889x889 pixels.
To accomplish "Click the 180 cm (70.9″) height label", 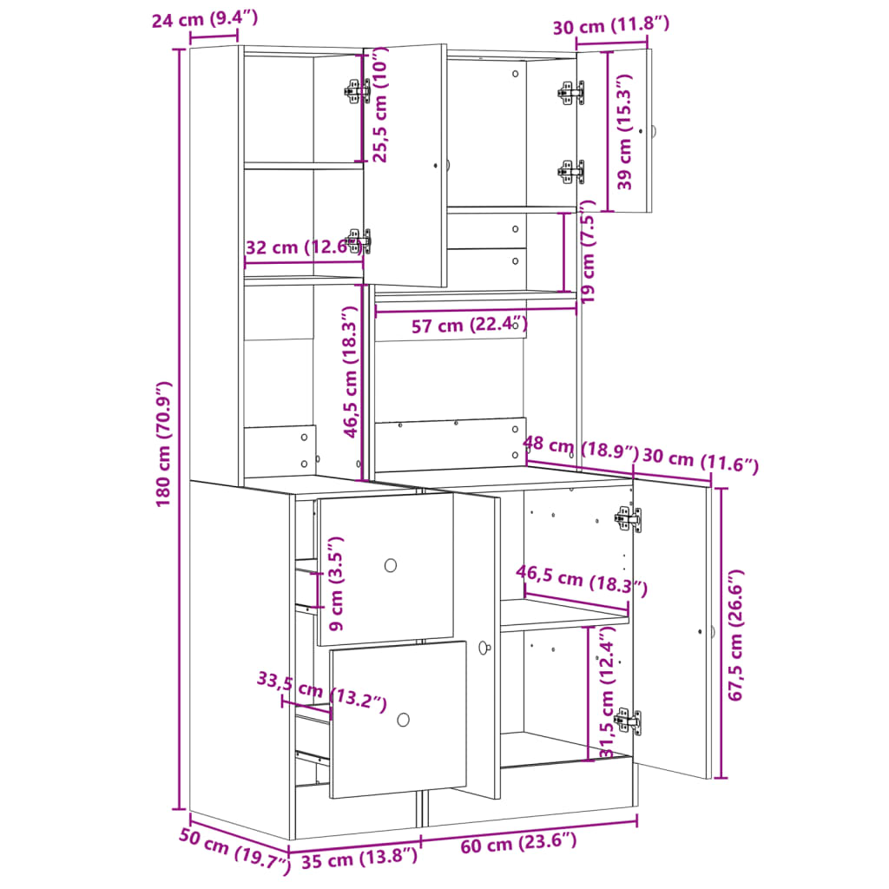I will [x=165, y=446].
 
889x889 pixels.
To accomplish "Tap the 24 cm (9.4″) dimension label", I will [x=205, y=19].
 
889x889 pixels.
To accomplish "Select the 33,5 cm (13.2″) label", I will [x=322, y=691].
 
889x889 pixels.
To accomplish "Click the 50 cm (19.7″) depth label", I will [x=234, y=850].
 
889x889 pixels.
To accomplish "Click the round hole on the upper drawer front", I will [x=391, y=565].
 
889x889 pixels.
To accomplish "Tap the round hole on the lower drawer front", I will [x=404, y=719].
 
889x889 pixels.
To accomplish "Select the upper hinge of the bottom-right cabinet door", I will [x=627, y=519].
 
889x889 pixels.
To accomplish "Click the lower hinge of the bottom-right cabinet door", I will [x=627, y=720].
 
